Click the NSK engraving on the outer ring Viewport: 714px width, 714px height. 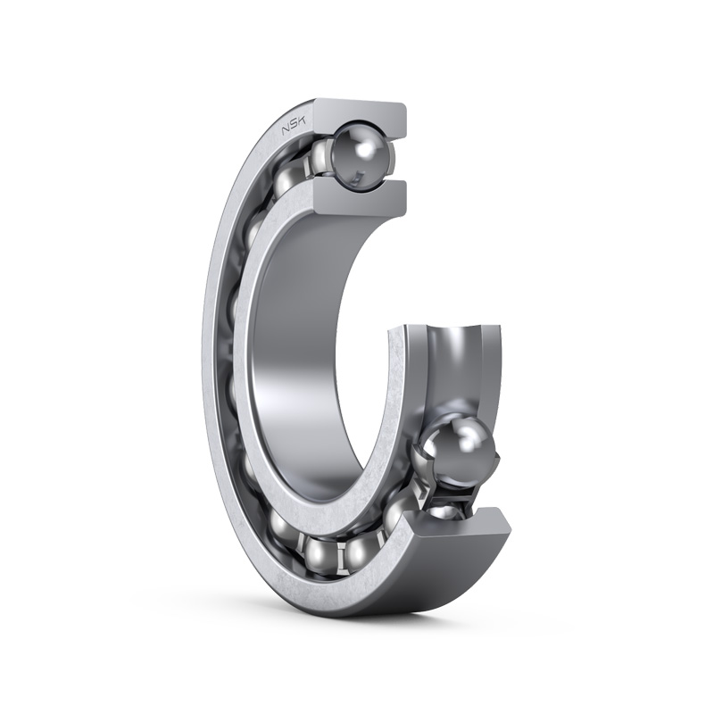point(295,125)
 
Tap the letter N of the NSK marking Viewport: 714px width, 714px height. point(286,129)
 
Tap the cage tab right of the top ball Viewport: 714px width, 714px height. point(390,154)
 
